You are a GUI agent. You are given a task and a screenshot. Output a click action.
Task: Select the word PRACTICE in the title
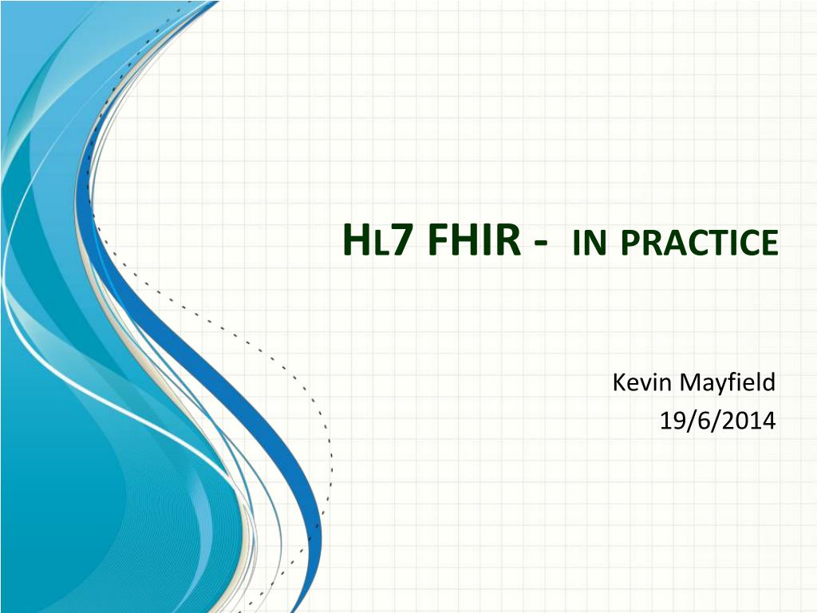tap(700, 243)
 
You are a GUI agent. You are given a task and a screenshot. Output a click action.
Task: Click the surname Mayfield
tap(728, 383)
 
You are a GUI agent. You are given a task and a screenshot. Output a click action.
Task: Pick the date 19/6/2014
tap(717, 420)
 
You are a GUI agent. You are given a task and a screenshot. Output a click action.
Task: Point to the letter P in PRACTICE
tap(630, 243)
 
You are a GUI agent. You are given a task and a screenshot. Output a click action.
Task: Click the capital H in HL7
tap(355, 240)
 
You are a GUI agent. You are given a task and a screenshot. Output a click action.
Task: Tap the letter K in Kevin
tap(618, 382)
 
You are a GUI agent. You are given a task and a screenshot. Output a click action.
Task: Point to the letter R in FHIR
tap(510, 240)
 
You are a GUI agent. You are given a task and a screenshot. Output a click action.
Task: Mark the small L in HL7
tap(379, 244)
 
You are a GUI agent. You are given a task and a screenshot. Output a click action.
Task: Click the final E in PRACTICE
tap(770, 243)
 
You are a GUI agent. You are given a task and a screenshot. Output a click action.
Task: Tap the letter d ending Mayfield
tap(769, 382)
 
